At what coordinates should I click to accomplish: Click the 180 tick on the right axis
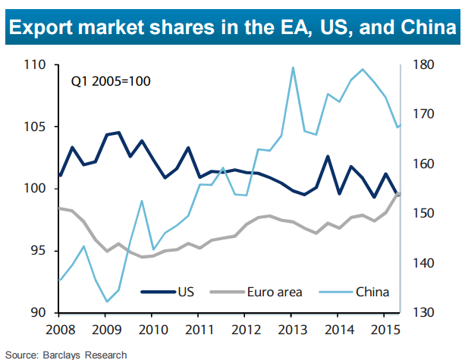click(423, 65)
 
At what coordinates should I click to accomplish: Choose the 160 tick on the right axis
click(423, 164)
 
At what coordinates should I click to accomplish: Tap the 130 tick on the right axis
click(423, 312)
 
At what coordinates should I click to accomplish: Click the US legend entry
click(186, 291)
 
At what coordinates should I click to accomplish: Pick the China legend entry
click(371, 291)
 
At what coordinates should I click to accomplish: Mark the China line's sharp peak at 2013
click(293, 67)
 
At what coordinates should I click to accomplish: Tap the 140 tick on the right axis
click(423, 263)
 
